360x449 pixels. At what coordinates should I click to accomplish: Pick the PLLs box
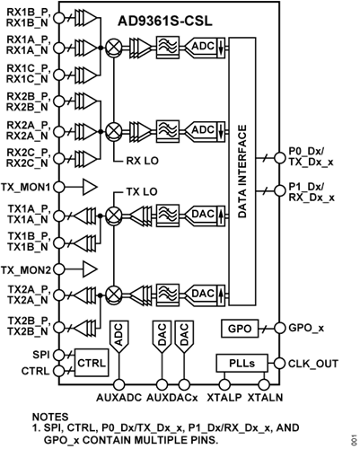pos(236,363)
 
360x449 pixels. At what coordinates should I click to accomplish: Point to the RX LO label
pos(138,162)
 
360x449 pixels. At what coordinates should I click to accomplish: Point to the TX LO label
pos(138,191)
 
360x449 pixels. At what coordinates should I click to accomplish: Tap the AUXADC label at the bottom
pos(117,396)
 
